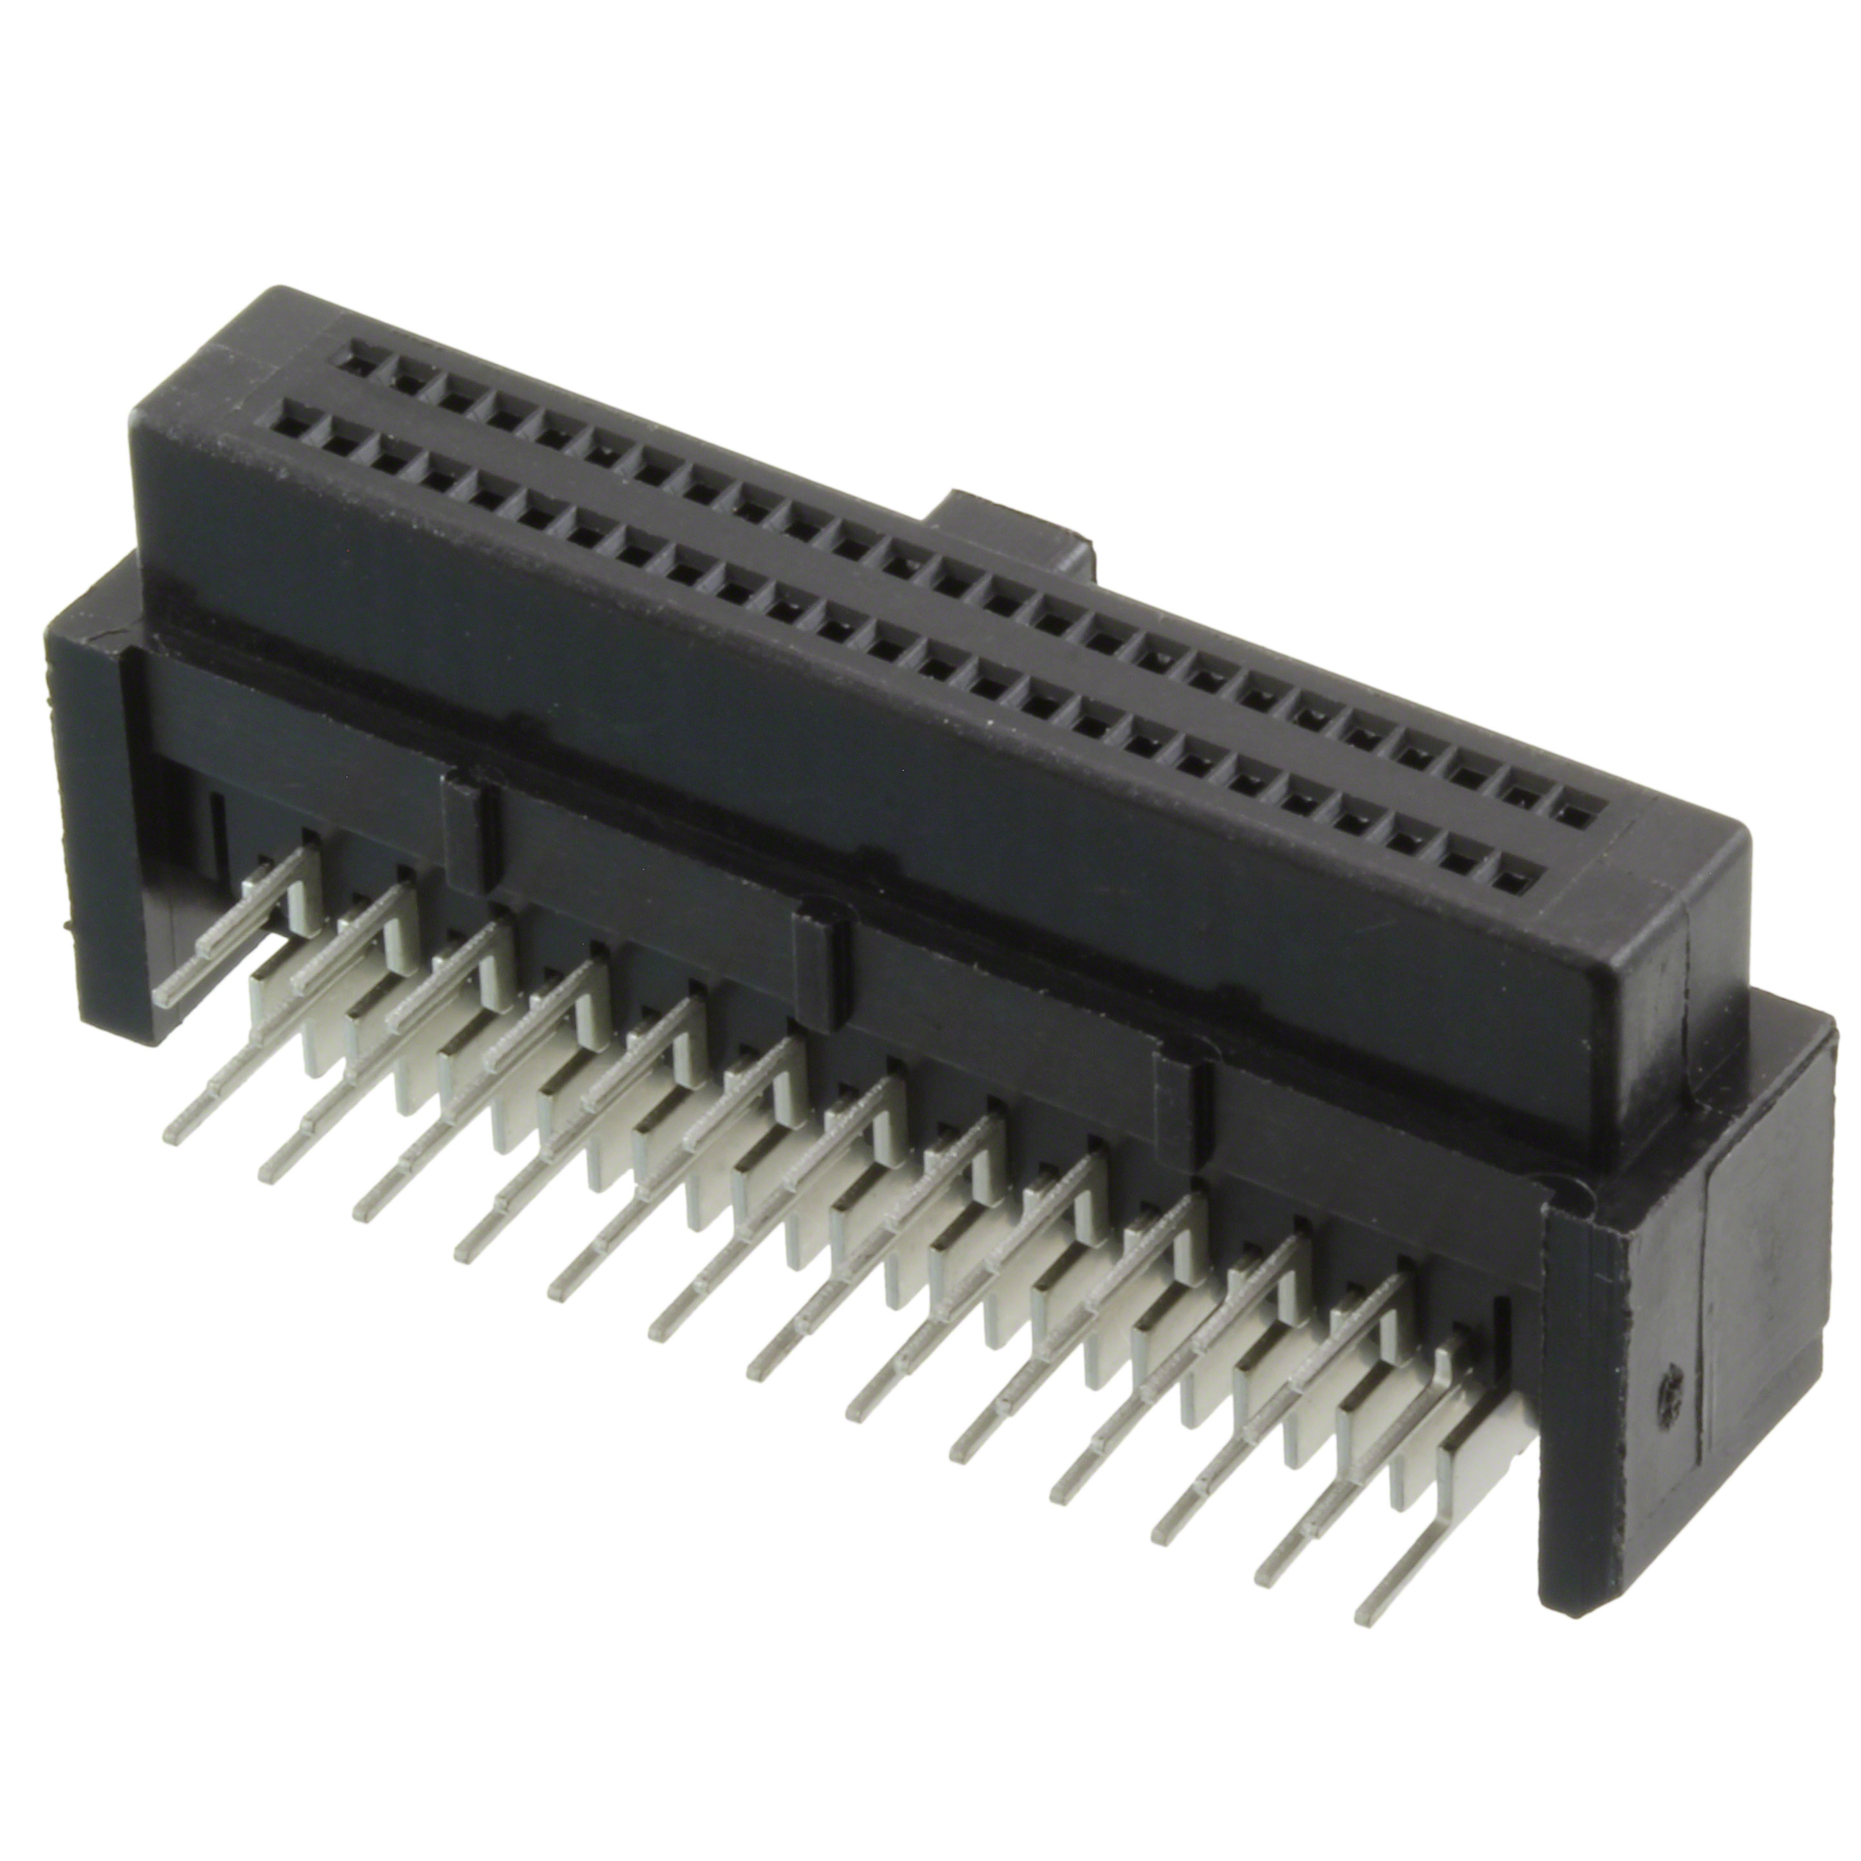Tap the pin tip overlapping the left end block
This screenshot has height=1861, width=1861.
pos(166,999)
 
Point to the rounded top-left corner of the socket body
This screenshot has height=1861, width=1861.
pos(279,294)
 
